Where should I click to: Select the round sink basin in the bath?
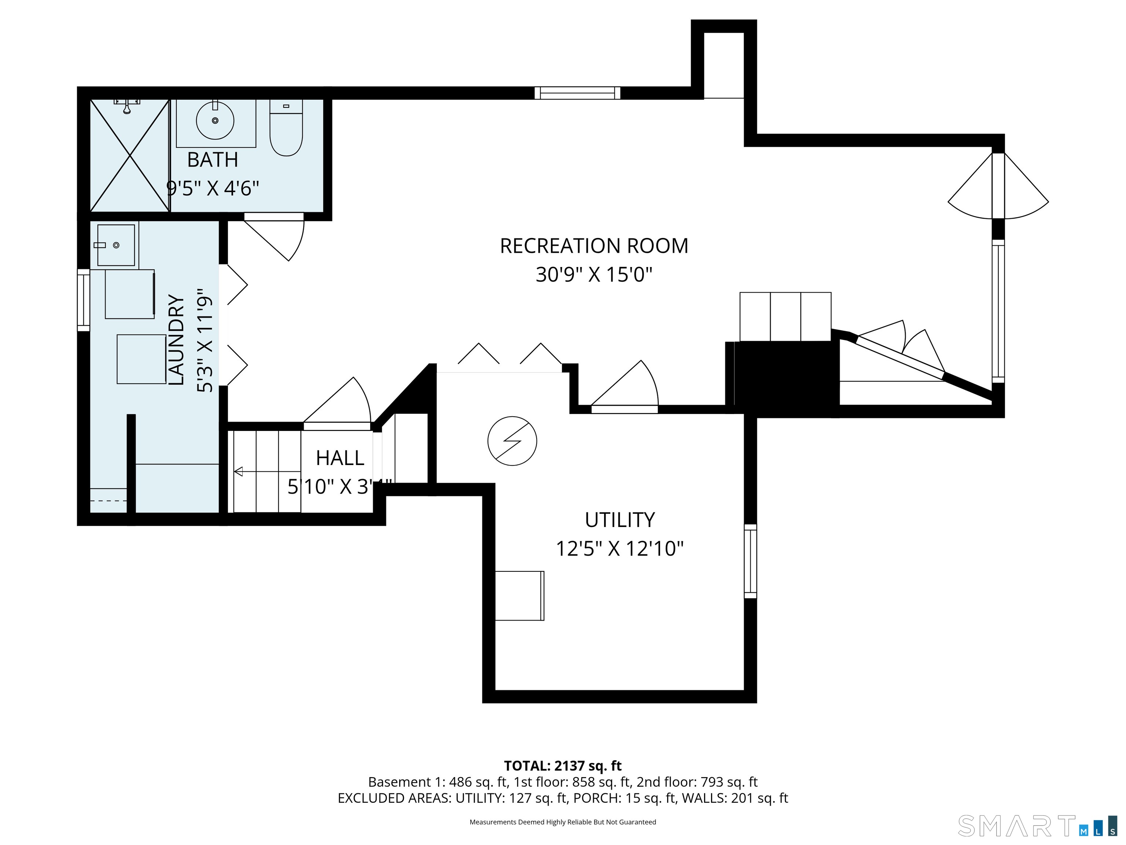click(x=215, y=121)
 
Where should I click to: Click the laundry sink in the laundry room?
click(x=116, y=245)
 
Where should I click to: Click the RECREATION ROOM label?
click(x=593, y=246)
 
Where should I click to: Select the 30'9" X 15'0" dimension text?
click(x=593, y=275)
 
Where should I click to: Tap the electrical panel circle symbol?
click(x=512, y=441)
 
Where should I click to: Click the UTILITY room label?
click(x=619, y=520)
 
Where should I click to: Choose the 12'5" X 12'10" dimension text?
click(x=619, y=549)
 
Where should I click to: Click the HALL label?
click(x=339, y=458)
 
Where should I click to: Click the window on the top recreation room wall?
click(x=577, y=93)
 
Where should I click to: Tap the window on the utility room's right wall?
click(x=750, y=561)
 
